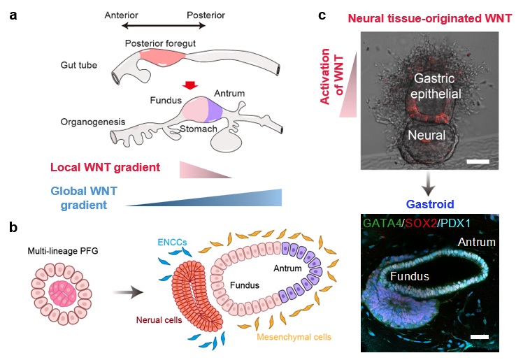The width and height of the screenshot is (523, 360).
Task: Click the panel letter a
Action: [x=13, y=13]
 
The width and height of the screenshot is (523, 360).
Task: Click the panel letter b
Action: [x=13, y=228]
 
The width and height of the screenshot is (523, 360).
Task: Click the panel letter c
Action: [x=341, y=13]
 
